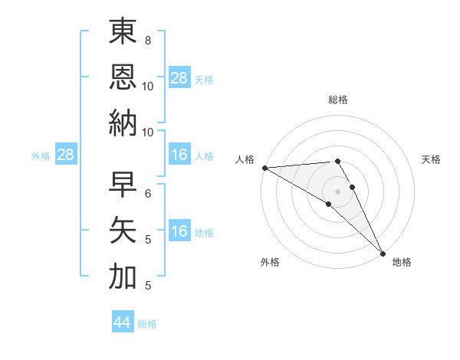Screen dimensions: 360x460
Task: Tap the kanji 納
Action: pos(123,122)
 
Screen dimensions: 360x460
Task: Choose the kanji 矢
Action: pos(123,230)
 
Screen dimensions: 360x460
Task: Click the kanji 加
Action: pos(123,276)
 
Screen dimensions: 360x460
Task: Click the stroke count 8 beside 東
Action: pos(148,39)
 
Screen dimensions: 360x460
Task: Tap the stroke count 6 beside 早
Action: pos(148,192)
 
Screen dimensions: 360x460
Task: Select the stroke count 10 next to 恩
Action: pos(148,86)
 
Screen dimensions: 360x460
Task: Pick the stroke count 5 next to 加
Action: pos(148,286)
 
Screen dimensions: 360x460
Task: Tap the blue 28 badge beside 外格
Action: pos(66,155)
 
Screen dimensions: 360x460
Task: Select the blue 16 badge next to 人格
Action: pos(179,155)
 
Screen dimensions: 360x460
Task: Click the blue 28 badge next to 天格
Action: pos(179,78)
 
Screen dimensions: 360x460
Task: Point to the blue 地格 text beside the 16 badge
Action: pos(205,233)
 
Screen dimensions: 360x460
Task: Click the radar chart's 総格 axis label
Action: pos(337,100)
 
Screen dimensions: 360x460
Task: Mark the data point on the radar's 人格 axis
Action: pos(264,168)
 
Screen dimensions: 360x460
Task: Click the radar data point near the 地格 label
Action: pos(383,252)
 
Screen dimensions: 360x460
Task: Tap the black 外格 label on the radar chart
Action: pos(270,263)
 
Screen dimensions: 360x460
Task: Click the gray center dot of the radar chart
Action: pos(337,191)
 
